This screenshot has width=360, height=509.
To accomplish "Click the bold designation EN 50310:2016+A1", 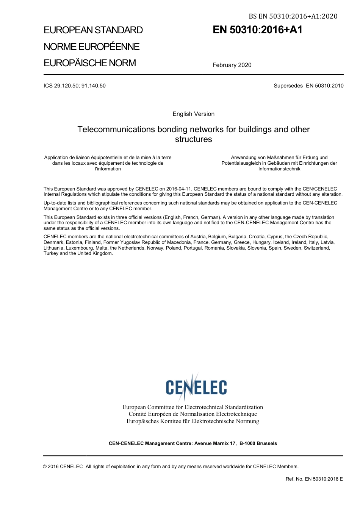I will (x=257, y=30).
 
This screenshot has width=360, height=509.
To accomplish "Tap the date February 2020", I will (x=232, y=65).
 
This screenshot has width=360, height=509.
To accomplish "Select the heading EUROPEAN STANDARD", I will (x=93, y=30).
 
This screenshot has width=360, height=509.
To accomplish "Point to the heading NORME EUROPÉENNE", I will (x=92, y=47).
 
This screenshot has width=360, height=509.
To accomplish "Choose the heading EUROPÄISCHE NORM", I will (x=90, y=63).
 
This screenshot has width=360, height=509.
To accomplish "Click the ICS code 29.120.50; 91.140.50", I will (x=75, y=86).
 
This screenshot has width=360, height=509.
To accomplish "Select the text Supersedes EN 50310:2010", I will (x=308, y=86).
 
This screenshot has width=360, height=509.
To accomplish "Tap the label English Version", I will (x=193, y=114).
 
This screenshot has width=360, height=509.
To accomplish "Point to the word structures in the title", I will (x=193, y=139).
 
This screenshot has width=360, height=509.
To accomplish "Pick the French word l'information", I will (x=108, y=169).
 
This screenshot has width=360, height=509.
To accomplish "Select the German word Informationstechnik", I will (x=279, y=169).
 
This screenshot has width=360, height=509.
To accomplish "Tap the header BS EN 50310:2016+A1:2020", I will (x=293, y=16).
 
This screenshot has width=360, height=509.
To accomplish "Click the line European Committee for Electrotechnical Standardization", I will (x=193, y=407).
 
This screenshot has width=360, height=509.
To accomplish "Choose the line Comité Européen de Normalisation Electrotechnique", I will (x=193, y=414).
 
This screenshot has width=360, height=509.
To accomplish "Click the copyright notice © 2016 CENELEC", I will (x=63, y=467).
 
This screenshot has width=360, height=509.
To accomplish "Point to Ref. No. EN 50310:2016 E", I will (x=314, y=479).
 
